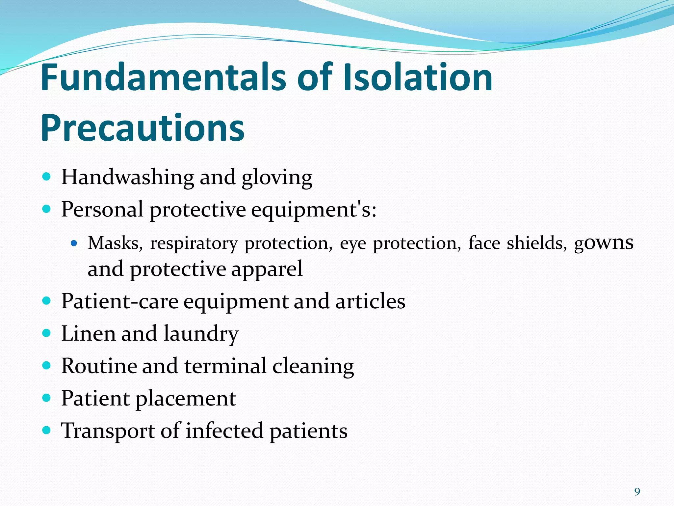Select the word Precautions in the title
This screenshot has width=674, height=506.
(143, 128)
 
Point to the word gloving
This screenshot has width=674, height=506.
(277, 178)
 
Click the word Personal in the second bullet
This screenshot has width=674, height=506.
(102, 210)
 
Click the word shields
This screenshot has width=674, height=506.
(537, 243)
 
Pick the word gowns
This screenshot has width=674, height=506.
(604, 243)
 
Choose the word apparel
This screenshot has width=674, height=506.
(267, 269)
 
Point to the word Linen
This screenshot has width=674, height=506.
(88, 333)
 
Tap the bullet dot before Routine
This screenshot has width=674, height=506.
(47, 365)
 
